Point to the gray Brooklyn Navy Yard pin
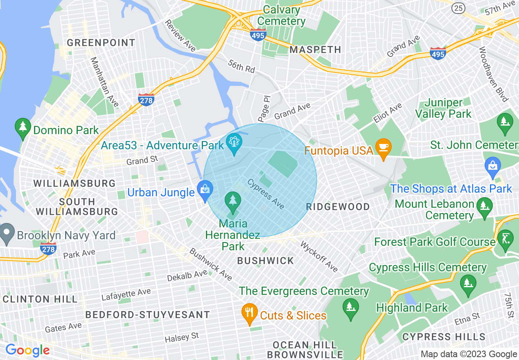pyautogui.click(x=7, y=234)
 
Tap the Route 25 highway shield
pyautogui.click(x=458, y=7)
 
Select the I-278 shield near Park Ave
pyautogui.click(x=48, y=248)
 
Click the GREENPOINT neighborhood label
pyautogui.click(x=101, y=43)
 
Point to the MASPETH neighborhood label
pyautogui.click(x=315, y=50)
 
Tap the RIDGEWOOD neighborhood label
pyautogui.click(x=338, y=207)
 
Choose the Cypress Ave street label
pyautogui.click(x=266, y=194)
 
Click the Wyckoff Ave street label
pyautogui.click(x=319, y=256)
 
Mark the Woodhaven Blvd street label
pyautogui.click(x=493, y=74)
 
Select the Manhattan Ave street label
pyautogui.click(x=104, y=82)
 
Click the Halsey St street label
pyautogui.click(x=182, y=337)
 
